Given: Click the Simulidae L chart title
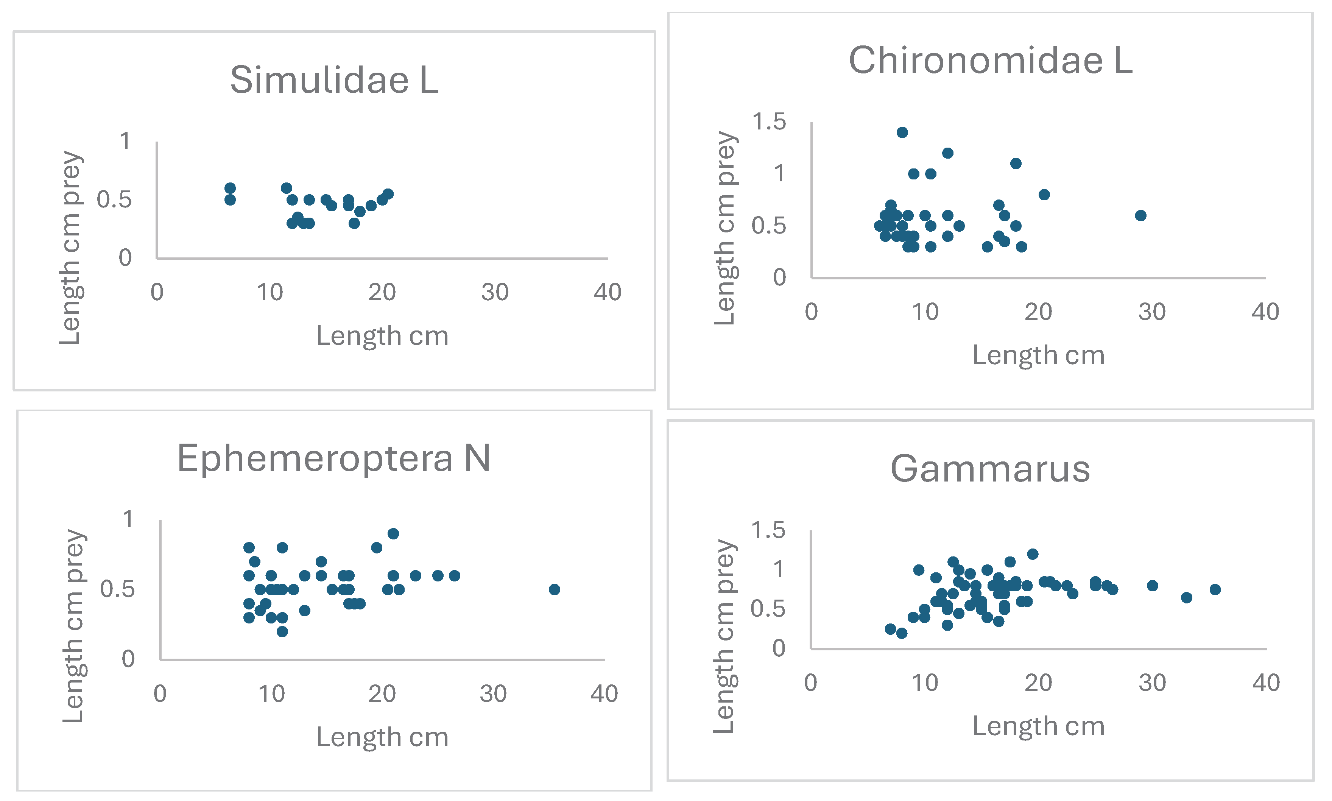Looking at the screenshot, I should point(334,80).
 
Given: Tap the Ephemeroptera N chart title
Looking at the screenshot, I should point(333,458).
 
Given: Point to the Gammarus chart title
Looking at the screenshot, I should point(990,469).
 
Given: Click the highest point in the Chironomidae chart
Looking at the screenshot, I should point(902,132).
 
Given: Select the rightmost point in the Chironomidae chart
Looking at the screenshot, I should point(1140,215).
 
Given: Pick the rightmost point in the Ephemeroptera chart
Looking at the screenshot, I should point(554,589).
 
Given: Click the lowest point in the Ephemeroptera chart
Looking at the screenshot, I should point(282,631).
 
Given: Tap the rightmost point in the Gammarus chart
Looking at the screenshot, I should point(1215,589).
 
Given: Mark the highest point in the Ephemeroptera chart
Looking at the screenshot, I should point(393,534).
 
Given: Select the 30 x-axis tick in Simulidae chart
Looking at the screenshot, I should point(494,293).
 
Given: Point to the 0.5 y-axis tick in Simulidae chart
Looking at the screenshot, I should point(114,200).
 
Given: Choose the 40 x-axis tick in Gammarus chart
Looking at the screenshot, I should point(1266,683).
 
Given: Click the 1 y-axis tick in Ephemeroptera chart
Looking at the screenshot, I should point(128,519).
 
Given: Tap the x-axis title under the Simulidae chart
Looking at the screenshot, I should point(382,336).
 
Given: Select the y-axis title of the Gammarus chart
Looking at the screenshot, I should point(724,637).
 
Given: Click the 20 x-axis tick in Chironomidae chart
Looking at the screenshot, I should point(1038,312).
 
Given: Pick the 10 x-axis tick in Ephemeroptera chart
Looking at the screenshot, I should point(271,694).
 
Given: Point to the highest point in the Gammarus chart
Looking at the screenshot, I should point(1033,554).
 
